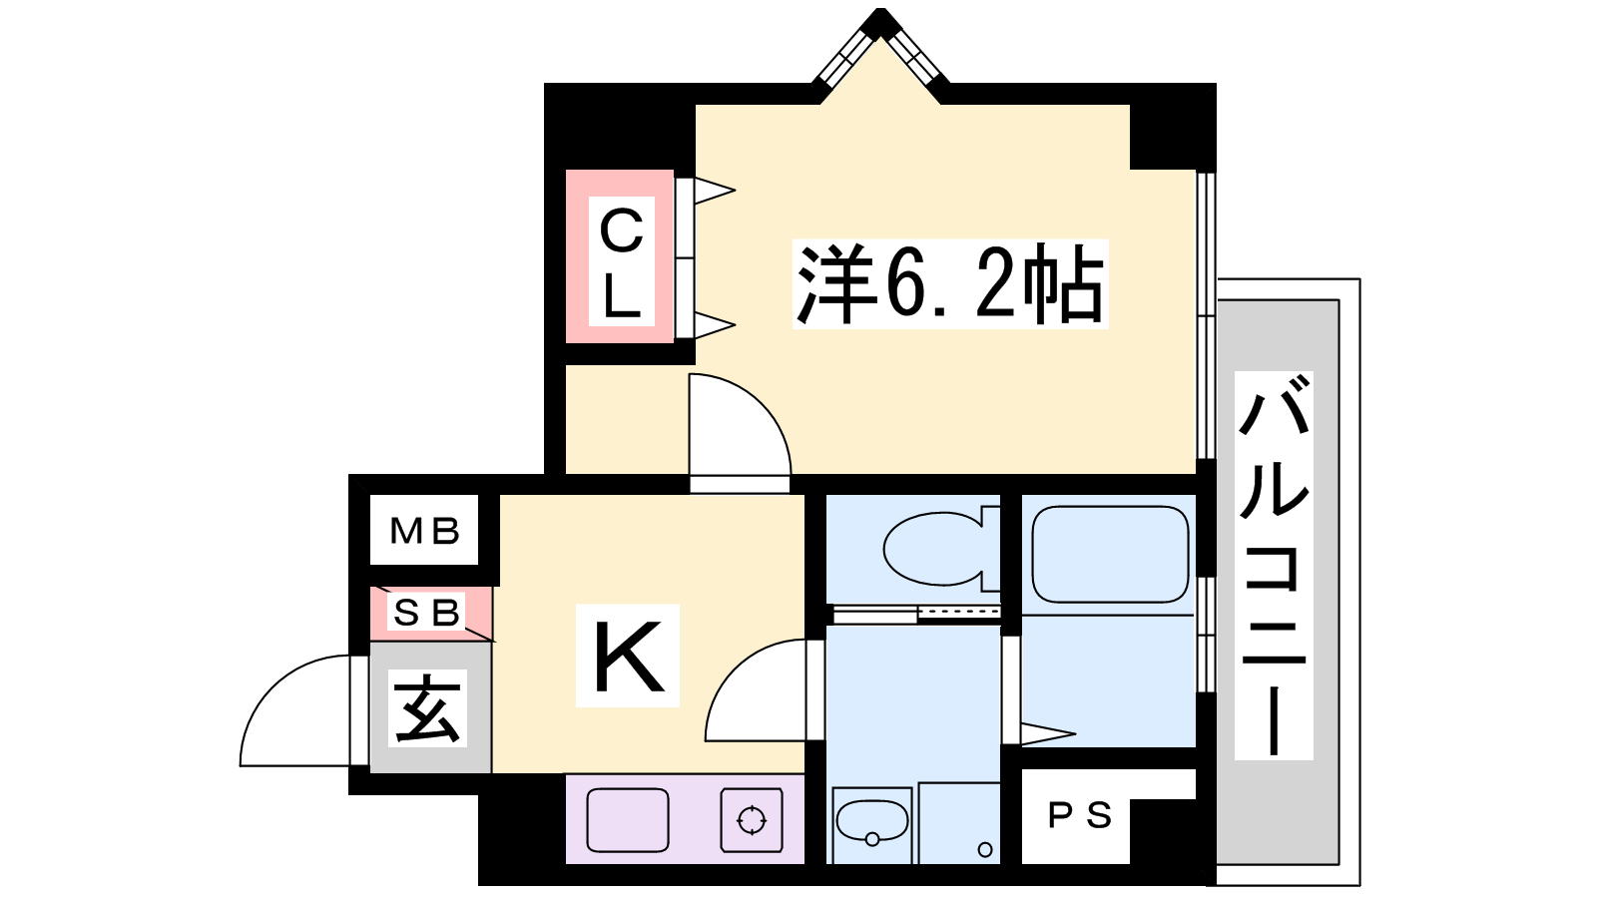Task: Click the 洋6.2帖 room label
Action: pos(949,283)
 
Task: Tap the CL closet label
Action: pos(622,261)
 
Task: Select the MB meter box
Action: pos(424,530)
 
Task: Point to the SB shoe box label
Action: pos(426,612)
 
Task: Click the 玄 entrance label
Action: pos(427,707)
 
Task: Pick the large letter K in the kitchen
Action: pos(628,656)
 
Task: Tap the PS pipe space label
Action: pos(1079,815)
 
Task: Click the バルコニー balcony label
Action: pos(1274,565)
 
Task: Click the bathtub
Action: pos(1110,555)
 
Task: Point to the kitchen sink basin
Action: pos(628,820)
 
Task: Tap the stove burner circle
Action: pos(752,819)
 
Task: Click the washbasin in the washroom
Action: pos(872,822)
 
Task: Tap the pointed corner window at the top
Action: pos(881,50)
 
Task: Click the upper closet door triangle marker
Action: pos(715,191)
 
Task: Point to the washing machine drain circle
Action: pos(985,849)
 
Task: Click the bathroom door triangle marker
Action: pos(1048,733)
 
